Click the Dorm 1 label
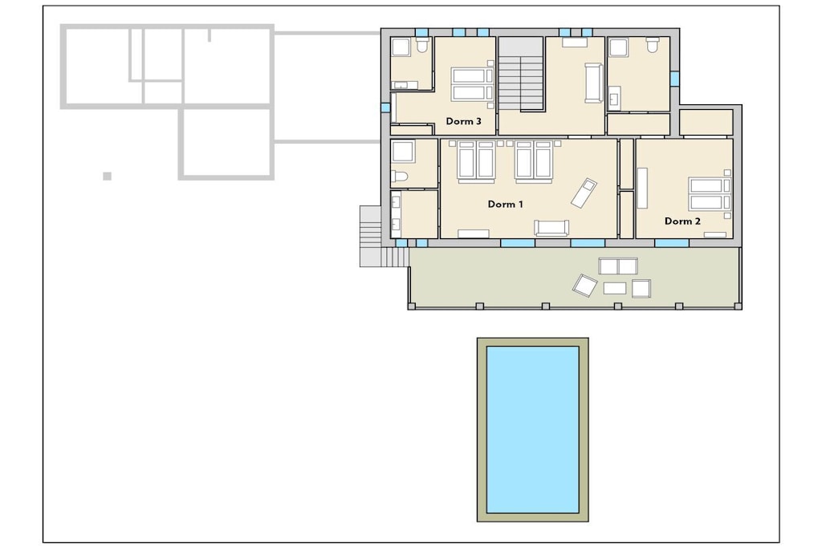pyautogui.click(x=506, y=205)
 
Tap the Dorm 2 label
pyautogui.click(x=682, y=221)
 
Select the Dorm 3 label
pyautogui.click(x=463, y=121)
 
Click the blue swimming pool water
pyautogui.click(x=533, y=429)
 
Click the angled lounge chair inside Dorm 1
pyautogui.click(x=584, y=193)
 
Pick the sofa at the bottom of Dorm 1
pyautogui.click(x=551, y=228)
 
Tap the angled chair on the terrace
pyautogui.click(x=584, y=286)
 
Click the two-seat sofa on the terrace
pyautogui.click(x=619, y=266)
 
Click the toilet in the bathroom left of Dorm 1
pyautogui.click(x=400, y=177)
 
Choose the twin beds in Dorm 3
pyautogui.click(x=473, y=83)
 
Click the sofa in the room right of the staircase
pyautogui.click(x=594, y=83)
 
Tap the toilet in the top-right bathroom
pyautogui.click(x=652, y=45)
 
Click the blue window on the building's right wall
pyautogui.click(x=674, y=79)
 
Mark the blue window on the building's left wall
pyautogui.click(x=386, y=108)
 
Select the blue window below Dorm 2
pyautogui.click(x=672, y=243)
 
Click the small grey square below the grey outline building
pyautogui.click(x=107, y=176)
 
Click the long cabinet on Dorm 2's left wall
pyautogui.click(x=642, y=189)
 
